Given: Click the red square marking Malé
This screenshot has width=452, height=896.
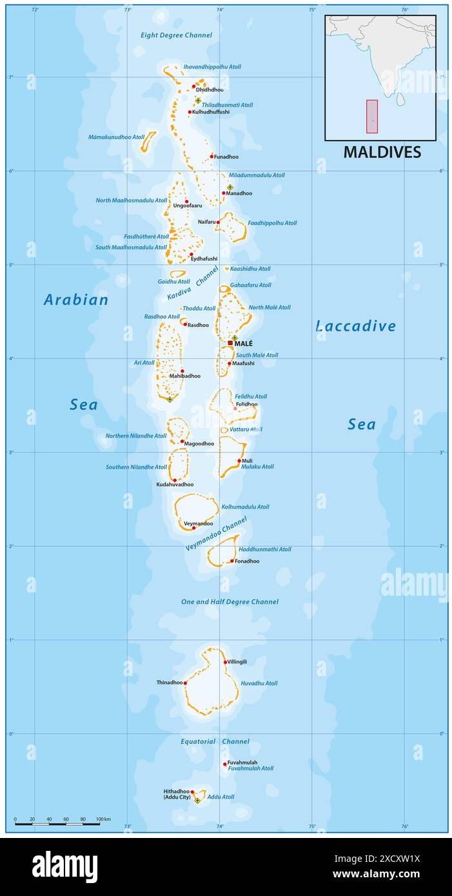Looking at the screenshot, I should point(230,343).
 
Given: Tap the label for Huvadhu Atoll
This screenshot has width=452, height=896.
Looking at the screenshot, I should point(259,683).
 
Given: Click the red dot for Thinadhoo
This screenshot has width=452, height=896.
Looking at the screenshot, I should point(185,683).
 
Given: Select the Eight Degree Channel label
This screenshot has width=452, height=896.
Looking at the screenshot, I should point(176,35).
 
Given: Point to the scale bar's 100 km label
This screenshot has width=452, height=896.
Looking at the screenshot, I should point(103,819).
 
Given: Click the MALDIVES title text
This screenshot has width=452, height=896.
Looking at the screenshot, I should point(382,152).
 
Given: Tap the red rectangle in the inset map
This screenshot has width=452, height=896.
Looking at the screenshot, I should point(372,117).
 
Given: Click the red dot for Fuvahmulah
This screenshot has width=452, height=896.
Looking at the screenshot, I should point(225,764).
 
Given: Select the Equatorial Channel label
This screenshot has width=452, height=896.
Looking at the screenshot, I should point(215,741).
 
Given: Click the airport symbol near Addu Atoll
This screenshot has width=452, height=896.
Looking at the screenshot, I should point(197,801).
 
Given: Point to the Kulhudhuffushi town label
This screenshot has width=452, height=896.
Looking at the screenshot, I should point(211,112).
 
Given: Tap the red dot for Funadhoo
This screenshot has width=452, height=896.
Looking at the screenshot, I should point(211,156).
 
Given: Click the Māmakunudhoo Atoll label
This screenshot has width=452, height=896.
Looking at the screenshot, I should point(116,137).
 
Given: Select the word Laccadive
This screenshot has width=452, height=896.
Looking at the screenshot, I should point(356,326).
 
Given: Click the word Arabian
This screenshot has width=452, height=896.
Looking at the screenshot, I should point(76,300).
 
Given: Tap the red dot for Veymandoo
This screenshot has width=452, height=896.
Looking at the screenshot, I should point(193,528).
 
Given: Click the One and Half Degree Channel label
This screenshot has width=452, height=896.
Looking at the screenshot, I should point(230,601).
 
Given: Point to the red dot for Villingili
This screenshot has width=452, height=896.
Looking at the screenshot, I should point(225,662).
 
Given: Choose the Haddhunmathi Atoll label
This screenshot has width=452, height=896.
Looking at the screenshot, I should point(265,550).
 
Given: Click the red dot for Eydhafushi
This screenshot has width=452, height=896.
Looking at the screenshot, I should point(192,254).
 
